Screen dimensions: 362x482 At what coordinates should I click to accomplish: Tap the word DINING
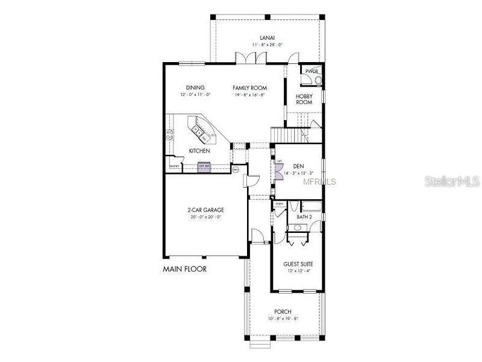click(195, 87)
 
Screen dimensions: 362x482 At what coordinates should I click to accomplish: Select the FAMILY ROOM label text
click(249, 87)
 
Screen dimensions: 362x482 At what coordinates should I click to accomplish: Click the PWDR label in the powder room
click(310, 71)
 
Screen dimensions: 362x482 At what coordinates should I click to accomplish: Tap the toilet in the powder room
click(318, 80)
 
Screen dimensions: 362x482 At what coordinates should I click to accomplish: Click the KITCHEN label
click(199, 151)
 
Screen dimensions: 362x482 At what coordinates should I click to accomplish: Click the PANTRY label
click(174, 166)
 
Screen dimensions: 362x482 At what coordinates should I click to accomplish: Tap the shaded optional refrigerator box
click(204, 167)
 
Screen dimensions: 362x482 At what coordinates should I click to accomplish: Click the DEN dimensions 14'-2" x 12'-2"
click(298, 173)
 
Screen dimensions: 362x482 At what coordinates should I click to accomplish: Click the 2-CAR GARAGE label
click(205, 211)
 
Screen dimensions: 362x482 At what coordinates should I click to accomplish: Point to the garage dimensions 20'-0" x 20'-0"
click(205, 217)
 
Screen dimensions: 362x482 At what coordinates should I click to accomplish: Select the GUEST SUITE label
click(298, 264)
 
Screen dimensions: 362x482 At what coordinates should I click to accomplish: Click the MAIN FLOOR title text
click(184, 269)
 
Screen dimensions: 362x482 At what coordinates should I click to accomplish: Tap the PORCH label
click(283, 311)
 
